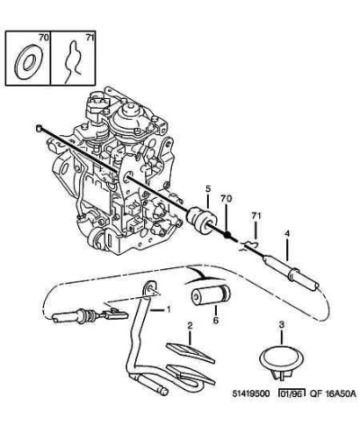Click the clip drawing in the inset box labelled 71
pos(72,61)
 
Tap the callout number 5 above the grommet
pos(208,189)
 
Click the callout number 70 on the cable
pos(227,198)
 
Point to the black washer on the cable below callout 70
pos(228,235)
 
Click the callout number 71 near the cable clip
pos(256,216)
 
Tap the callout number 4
pos(287,233)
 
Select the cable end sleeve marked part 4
pos(291,273)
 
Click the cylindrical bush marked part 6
pos(210,295)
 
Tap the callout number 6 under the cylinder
pos(216,320)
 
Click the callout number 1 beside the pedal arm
pos(168,309)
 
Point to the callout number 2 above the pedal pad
pos(190,325)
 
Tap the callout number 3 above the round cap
pos(282,324)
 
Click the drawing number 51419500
pos(251,393)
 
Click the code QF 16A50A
pos(333,393)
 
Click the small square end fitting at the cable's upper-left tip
pos(39,129)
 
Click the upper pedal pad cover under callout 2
pos(191,353)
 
